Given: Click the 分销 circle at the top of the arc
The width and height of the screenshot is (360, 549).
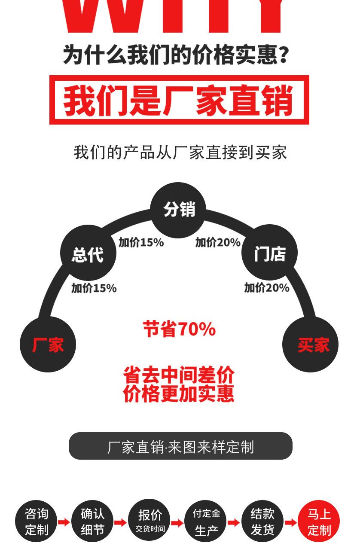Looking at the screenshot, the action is click(178, 210).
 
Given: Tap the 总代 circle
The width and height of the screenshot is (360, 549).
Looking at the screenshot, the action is click(88, 254).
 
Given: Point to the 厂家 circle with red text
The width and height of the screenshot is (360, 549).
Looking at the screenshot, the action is click(48, 345).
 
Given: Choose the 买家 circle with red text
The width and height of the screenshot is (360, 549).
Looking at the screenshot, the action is click(310, 345).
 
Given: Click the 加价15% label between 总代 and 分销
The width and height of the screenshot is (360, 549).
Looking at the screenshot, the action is click(141, 243).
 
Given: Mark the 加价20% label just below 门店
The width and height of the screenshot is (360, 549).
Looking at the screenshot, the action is click(267, 288).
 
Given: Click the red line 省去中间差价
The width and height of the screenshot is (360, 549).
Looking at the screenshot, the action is click(179, 375).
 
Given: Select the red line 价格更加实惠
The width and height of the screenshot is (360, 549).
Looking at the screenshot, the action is click(179, 394).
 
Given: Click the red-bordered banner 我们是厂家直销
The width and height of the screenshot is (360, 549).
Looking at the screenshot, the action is click(179, 100).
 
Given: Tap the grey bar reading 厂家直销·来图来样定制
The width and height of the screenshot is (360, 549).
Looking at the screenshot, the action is click(180, 446).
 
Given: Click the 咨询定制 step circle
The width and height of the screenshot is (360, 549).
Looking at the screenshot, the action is click(37, 522).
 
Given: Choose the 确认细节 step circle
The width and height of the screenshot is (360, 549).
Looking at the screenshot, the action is click(93, 522).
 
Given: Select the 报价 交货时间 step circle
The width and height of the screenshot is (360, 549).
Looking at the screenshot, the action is click(149, 521).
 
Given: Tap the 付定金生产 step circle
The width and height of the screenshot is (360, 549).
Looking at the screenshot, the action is click(206, 522).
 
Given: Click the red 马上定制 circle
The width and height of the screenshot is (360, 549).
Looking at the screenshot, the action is click(319, 522).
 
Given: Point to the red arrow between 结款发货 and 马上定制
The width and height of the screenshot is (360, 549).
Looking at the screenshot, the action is click(291, 522).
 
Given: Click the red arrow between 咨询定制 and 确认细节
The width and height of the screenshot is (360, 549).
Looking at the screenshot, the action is click(64, 522).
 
